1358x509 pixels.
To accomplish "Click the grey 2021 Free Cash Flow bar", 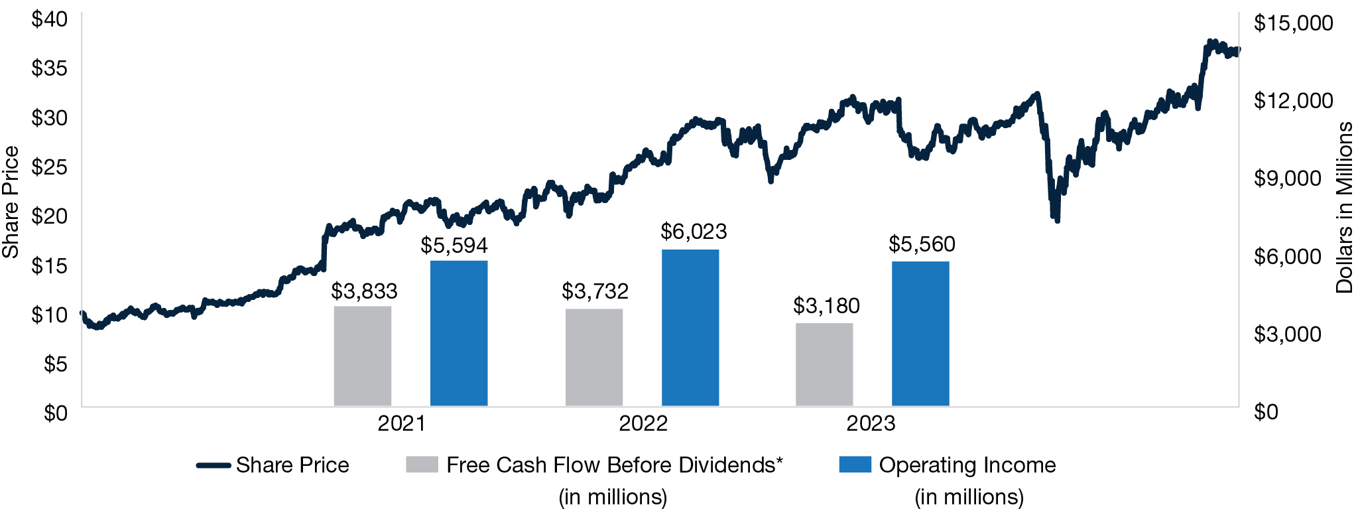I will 362,356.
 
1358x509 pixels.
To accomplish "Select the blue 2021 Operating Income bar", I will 459,333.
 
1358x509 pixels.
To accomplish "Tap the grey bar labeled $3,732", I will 593,357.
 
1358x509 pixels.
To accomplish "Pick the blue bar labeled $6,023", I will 690,328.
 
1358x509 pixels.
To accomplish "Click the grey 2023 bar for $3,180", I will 824,364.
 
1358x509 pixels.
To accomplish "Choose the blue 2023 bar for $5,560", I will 920,334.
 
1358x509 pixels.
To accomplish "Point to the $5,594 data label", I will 454,246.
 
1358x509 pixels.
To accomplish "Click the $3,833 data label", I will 364,291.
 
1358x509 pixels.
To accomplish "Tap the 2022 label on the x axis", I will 643,423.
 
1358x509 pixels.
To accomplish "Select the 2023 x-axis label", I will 871,423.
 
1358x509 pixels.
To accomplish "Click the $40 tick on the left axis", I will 50,19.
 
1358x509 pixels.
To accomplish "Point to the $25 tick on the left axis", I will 50,167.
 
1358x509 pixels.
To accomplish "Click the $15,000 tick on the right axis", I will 1293,23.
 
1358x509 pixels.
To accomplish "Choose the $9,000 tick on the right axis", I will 1288,179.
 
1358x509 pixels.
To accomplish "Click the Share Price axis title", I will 11,202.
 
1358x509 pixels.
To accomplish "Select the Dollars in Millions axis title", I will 1343,208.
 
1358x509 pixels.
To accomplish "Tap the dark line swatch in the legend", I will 213,465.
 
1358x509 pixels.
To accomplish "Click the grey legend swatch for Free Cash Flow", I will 422,465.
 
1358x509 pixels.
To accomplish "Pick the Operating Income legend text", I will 967,465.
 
